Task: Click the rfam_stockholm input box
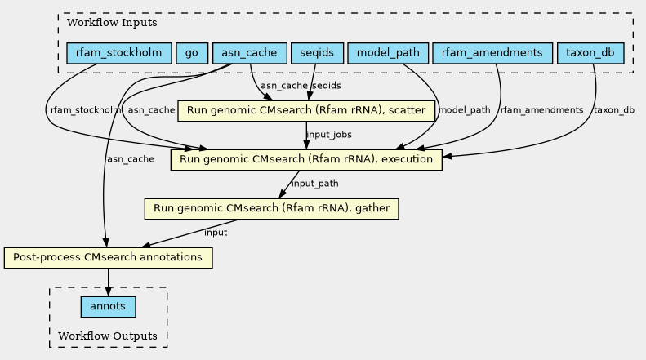tap(119, 53)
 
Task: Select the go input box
tap(192, 53)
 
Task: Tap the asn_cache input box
tap(250, 53)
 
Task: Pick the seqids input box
tap(317, 53)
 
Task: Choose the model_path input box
tap(388, 53)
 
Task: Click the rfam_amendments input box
tap(492, 53)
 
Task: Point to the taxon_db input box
tap(590, 53)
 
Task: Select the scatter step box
tap(306, 111)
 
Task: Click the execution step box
tap(306, 160)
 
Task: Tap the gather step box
tap(271, 209)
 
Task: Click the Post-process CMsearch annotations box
tap(109, 258)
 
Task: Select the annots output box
tap(109, 307)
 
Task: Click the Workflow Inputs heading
tap(112, 23)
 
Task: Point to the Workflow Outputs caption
tap(108, 336)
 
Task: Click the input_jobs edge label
tap(329, 135)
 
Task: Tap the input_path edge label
tap(315, 184)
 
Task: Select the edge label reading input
tap(216, 233)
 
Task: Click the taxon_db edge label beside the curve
tap(614, 110)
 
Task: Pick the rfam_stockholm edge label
tap(86, 110)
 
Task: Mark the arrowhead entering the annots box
tap(109, 292)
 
